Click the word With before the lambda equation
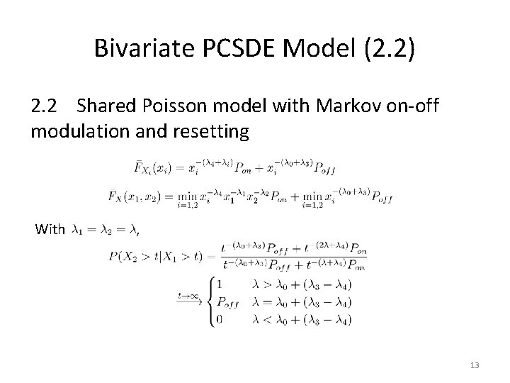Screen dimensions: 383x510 click(50, 229)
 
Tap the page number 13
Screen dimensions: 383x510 click(474, 365)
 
